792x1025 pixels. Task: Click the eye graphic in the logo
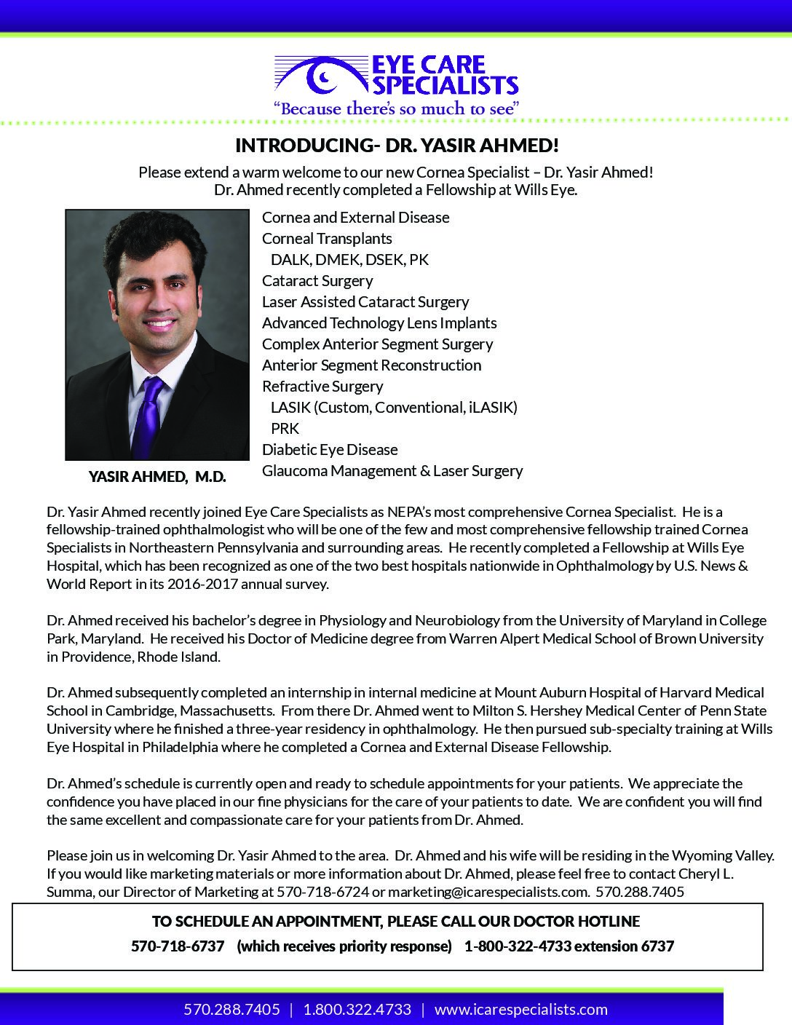(x=321, y=75)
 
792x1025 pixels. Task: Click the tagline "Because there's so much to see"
(x=395, y=109)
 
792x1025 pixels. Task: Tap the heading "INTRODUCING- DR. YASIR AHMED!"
(x=397, y=146)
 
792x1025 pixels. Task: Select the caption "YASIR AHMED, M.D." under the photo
(x=157, y=477)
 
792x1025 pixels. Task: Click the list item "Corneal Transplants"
(x=327, y=239)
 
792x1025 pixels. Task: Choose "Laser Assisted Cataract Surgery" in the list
(x=365, y=302)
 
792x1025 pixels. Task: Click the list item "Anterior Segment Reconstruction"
(x=371, y=365)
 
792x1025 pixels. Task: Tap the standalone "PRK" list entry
(x=285, y=429)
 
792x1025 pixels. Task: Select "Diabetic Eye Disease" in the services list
(x=330, y=450)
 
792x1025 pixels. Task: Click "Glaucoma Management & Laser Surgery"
(x=392, y=471)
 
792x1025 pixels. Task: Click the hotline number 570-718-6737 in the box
(x=178, y=946)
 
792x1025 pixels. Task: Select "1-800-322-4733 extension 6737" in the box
(x=569, y=946)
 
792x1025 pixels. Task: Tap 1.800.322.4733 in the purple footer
(x=357, y=1010)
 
